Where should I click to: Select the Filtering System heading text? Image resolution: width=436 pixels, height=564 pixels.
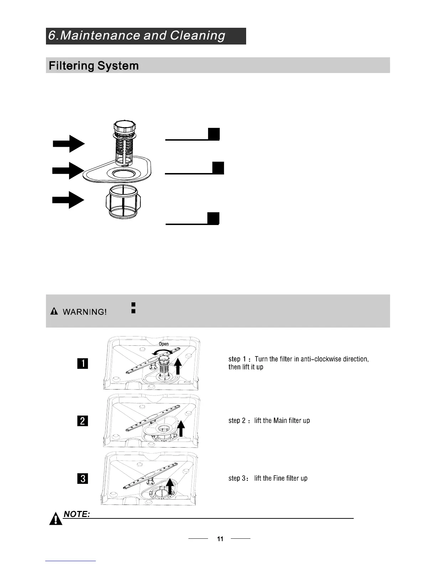click(x=94, y=66)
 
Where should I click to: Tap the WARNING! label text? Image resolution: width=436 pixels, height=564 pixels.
click(x=84, y=312)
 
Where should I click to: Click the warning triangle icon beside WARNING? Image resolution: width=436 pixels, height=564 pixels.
click(x=54, y=312)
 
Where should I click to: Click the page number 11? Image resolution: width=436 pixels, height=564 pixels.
click(x=220, y=539)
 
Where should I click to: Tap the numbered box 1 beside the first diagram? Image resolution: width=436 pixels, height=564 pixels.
click(x=82, y=364)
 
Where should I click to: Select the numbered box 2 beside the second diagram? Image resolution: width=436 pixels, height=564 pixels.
click(x=82, y=421)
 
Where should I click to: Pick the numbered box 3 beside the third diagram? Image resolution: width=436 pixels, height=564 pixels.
click(x=82, y=478)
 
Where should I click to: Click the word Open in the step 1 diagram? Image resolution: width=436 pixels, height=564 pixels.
click(x=163, y=344)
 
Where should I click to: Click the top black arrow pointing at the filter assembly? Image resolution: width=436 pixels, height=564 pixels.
click(x=69, y=143)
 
